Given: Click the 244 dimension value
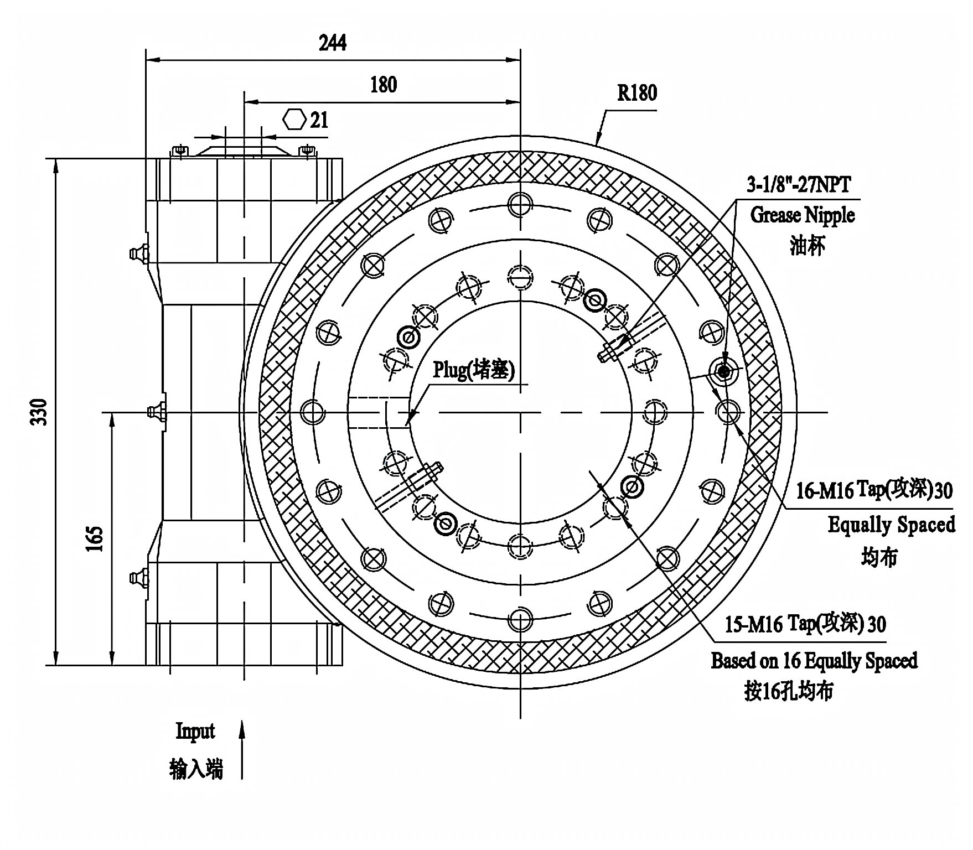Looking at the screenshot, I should tap(333, 43).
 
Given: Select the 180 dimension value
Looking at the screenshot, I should tap(383, 85).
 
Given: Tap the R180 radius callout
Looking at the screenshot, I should tap(637, 92).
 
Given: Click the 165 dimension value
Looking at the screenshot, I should tap(95, 538).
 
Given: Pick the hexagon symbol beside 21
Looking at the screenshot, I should tap(294, 120).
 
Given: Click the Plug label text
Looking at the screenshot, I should tap(473, 370).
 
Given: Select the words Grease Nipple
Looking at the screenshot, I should tap(802, 215).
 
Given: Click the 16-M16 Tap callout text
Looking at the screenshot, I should tap(874, 490).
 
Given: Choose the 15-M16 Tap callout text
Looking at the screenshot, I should tap(805, 624).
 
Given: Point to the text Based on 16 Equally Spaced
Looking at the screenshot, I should tap(814, 661).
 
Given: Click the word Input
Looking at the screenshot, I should tap(195, 731).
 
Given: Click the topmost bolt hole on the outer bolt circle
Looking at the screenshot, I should tap(520, 204).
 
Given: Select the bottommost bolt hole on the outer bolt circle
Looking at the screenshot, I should tap(520, 620).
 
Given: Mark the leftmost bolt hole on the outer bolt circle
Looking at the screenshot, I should tap(312, 412).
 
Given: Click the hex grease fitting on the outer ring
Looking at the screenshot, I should tap(723, 372).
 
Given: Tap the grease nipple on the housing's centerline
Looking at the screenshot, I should tap(156, 412).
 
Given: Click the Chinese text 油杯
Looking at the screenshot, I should tap(807, 246).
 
